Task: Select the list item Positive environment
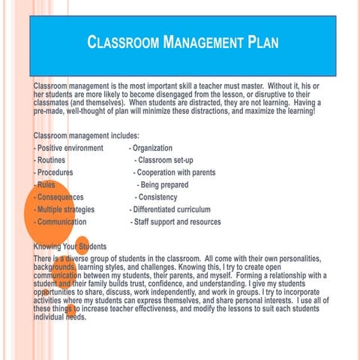click(x=68, y=148)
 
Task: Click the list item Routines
click(x=49, y=160)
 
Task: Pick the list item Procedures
click(x=53, y=172)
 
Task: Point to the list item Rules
click(x=44, y=184)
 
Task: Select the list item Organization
click(x=151, y=148)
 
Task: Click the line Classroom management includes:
click(x=86, y=136)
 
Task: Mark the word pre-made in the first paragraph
click(x=50, y=111)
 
